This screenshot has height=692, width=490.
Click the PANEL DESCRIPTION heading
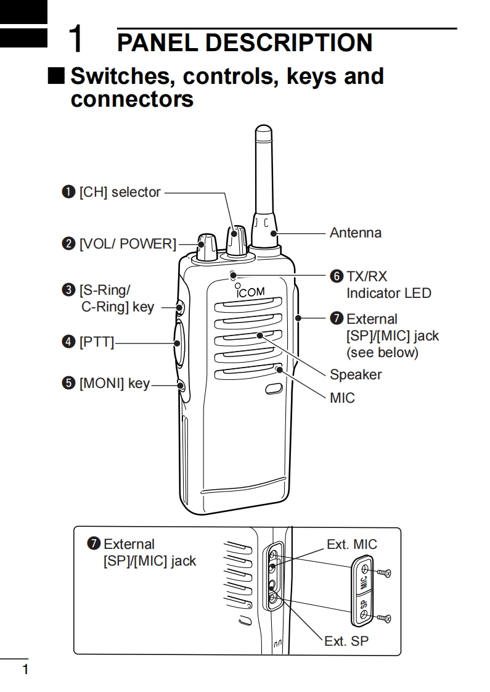pos(245,43)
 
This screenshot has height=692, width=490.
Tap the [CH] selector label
pos(120,192)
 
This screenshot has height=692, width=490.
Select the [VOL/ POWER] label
pos(127,244)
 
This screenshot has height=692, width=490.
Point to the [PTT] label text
pos(97,342)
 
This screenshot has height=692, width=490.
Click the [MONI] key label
pos(115,384)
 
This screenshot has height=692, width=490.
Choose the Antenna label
pos(356,233)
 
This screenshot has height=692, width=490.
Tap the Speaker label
pos(356,374)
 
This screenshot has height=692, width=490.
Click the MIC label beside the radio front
pos(342,398)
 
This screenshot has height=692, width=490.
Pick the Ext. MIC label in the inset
pos(351,544)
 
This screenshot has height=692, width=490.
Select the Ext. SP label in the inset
pos(346,641)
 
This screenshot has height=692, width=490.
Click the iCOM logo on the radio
pos(251,291)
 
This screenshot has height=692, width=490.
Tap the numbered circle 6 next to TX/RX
pos(337,276)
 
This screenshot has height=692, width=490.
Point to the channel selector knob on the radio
pos(237,241)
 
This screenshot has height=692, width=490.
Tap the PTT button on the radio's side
pos(177,342)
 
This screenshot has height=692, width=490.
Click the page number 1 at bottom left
pos(25,670)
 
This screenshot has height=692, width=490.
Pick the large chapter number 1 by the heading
pos(76,39)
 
